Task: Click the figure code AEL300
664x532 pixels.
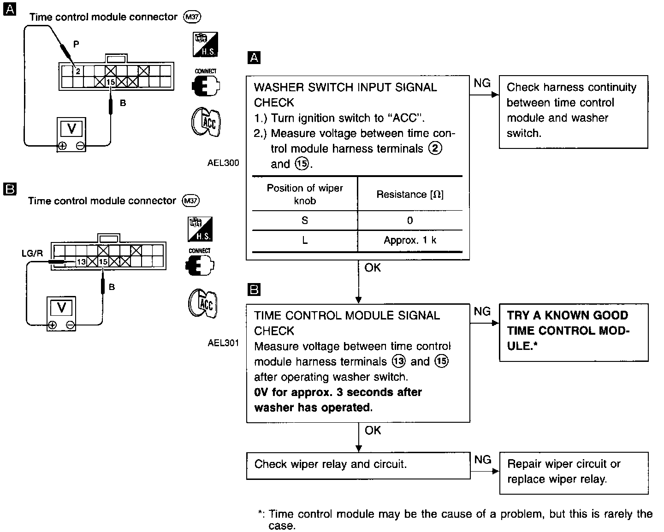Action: [223, 163]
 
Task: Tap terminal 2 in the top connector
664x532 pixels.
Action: [78, 71]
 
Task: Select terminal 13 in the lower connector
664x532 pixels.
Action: [81, 261]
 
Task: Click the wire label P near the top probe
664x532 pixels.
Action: [76, 44]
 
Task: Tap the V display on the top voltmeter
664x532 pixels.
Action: [71, 128]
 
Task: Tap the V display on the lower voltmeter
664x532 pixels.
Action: [61, 307]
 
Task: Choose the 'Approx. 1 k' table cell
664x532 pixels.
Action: [410, 240]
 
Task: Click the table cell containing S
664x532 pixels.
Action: [304, 220]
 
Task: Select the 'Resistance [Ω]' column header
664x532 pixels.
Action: [410, 195]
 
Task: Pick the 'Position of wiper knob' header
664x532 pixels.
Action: [304, 194]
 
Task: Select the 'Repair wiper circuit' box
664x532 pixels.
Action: [573, 473]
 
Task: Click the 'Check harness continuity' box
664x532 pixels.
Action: [573, 111]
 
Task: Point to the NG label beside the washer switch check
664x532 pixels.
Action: [482, 83]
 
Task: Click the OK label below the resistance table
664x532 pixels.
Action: [373, 267]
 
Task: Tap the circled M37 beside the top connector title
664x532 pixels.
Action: [192, 17]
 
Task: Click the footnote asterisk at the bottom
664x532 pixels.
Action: [261, 514]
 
